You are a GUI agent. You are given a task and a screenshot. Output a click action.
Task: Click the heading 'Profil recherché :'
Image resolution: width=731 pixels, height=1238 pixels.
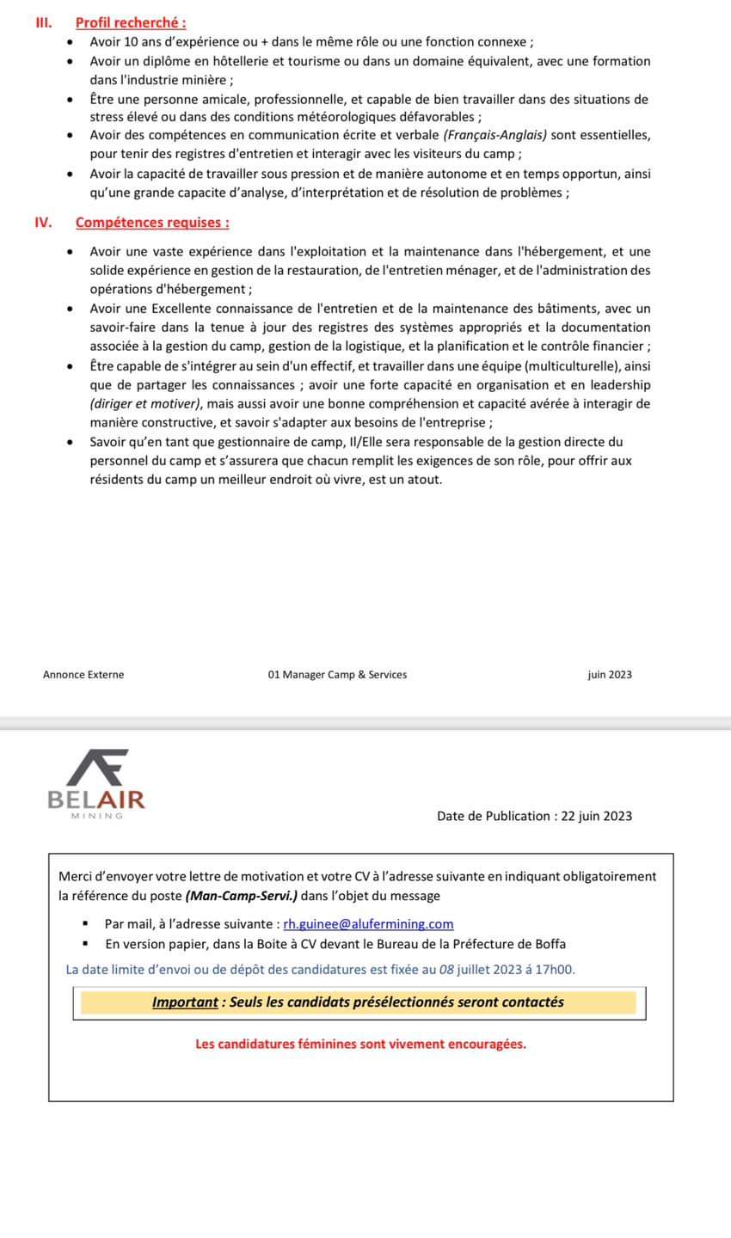[x=131, y=23]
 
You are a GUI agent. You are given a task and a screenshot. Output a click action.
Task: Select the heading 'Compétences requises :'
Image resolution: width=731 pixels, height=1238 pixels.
[x=152, y=223]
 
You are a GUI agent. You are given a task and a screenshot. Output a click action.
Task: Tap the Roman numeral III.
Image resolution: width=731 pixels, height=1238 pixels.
[x=43, y=23]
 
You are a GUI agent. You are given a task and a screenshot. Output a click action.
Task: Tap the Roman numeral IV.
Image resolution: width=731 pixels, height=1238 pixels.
[x=43, y=223]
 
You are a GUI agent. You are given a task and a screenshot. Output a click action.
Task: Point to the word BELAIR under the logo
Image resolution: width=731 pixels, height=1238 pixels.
[x=96, y=800]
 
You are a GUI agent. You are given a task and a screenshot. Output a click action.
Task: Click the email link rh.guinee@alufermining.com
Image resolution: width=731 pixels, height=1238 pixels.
[x=368, y=923]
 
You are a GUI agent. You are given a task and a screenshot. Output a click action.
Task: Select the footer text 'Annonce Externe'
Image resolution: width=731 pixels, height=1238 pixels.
[x=83, y=675]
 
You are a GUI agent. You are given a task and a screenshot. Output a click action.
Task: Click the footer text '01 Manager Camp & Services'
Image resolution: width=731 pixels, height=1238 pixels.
[x=337, y=675]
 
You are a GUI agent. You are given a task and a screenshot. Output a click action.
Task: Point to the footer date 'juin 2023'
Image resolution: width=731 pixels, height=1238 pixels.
[x=610, y=675]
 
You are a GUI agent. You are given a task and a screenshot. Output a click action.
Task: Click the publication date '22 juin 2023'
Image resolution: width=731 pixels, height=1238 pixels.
[x=596, y=816]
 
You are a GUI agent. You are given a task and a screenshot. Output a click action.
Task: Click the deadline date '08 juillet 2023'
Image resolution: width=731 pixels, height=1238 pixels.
[x=479, y=970]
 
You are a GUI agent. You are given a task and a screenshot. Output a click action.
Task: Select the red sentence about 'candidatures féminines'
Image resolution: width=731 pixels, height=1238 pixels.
[x=360, y=1044]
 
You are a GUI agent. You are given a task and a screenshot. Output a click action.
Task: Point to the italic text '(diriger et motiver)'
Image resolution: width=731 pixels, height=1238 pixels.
[x=143, y=403]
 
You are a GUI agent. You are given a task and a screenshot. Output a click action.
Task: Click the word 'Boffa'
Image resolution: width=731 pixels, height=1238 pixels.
[x=549, y=943]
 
